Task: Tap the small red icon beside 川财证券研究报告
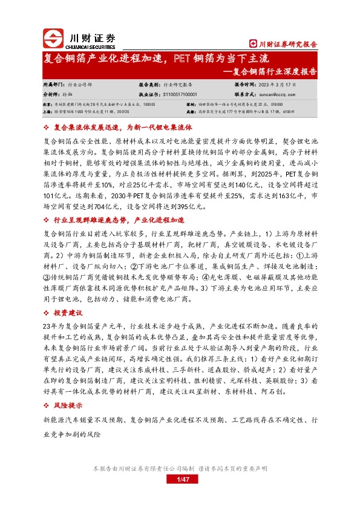click(x=253, y=44)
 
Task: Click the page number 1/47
click(x=180, y=479)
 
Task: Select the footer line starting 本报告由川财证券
click(x=180, y=469)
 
